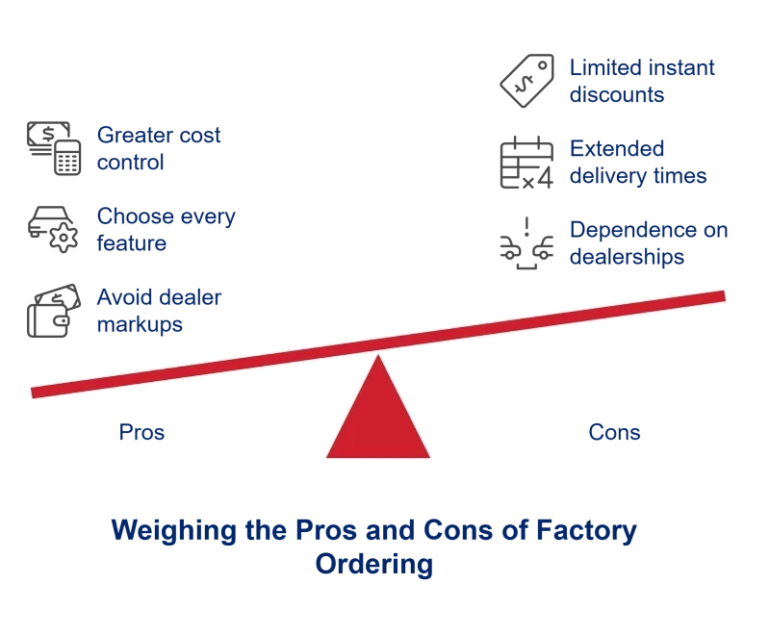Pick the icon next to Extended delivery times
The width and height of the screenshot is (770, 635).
click(x=523, y=162)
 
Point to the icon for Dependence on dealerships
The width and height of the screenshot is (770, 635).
click(x=523, y=244)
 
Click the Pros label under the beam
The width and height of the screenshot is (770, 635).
click(x=142, y=434)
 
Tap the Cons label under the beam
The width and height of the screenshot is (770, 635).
click(x=614, y=434)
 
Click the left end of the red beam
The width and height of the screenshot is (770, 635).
click(x=38, y=391)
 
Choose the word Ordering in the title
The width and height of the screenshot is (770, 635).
click(x=375, y=565)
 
